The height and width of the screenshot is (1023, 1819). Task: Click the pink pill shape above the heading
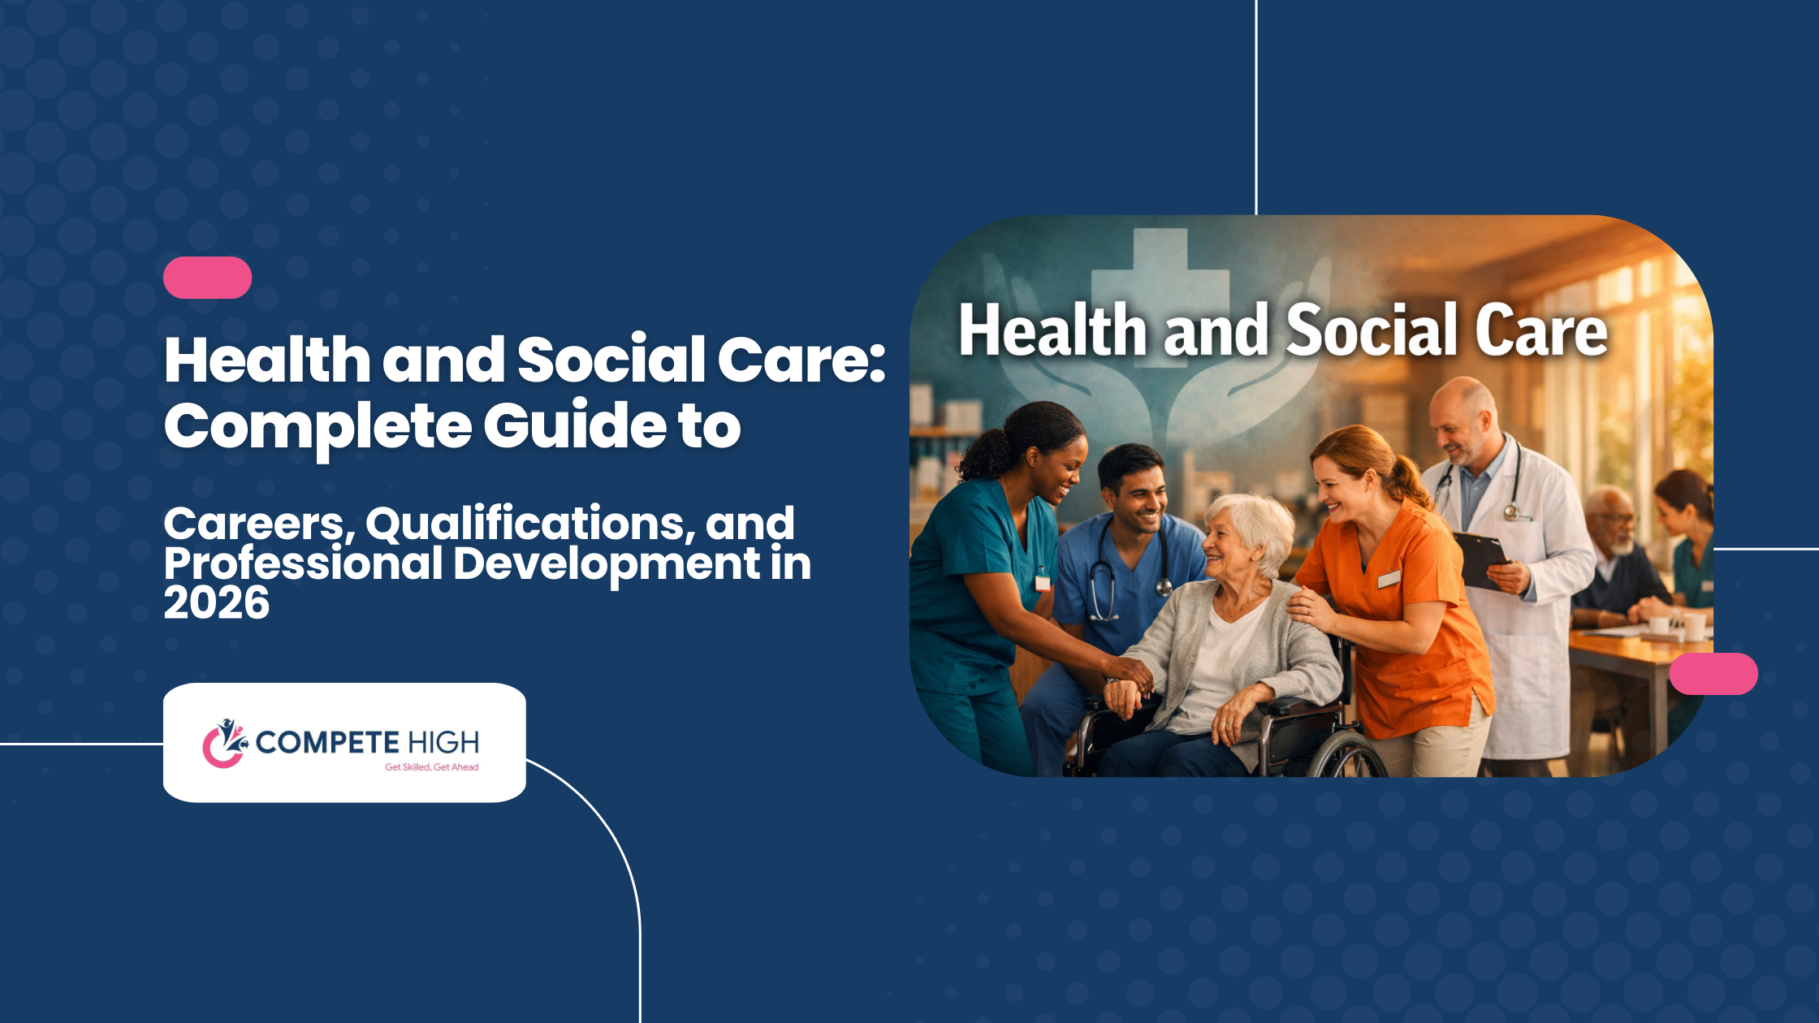[x=207, y=278]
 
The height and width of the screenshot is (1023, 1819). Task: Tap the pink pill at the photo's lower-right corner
[x=1713, y=674]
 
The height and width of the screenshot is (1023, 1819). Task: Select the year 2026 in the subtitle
[x=216, y=602]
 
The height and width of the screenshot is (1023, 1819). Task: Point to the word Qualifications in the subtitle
[x=530, y=524]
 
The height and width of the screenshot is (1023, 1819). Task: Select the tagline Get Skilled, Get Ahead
[x=431, y=767]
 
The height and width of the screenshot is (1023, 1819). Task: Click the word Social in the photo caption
[x=1372, y=330]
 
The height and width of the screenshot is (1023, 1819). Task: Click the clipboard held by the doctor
[x=1481, y=557]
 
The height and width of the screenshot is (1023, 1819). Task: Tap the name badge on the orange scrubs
[x=1389, y=578]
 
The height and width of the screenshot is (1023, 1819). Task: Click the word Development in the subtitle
[x=606, y=563]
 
